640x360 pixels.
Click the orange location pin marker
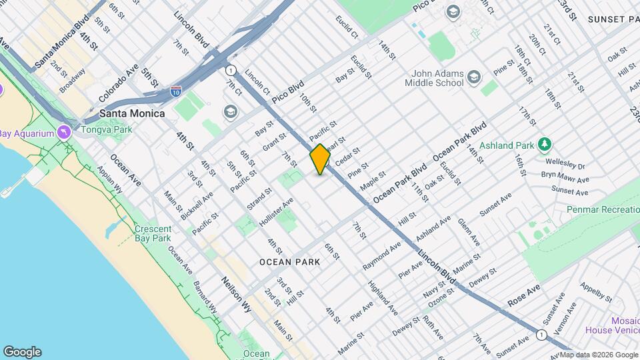coord(320,159)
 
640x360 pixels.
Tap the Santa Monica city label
coord(132,113)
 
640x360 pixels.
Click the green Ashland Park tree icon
coord(545,143)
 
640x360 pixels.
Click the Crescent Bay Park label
coord(153,233)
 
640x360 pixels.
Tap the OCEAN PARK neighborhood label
coord(290,262)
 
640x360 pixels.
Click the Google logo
coord(22,351)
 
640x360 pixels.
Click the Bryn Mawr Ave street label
coord(565,179)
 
